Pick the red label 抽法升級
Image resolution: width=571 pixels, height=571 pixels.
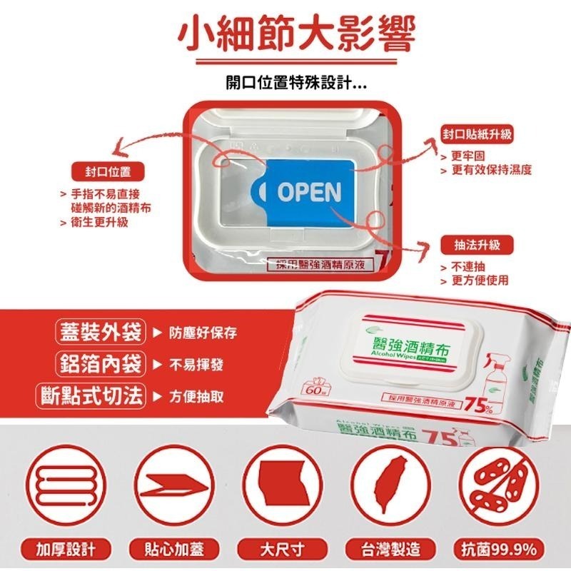(x=477, y=245)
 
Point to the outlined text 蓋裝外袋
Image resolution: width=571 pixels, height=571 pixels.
(x=99, y=333)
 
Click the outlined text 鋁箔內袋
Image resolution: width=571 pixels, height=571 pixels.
(x=99, y=364)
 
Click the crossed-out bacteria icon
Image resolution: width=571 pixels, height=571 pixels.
(x=500, y=484)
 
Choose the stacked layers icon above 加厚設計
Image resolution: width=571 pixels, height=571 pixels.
(x=65, y=484)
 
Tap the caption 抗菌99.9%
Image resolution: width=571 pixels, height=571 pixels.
(x=500, y=550)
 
